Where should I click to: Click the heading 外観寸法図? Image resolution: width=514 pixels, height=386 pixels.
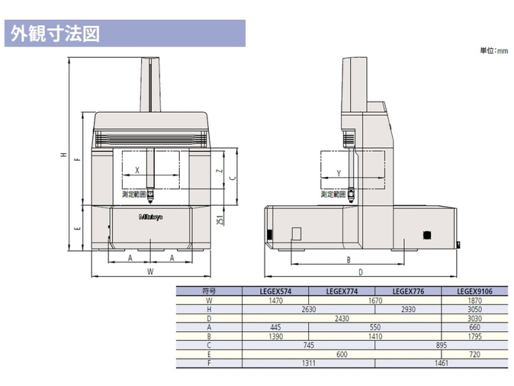click(55, 34)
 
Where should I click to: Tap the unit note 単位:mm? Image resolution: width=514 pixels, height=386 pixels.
click(493, 51)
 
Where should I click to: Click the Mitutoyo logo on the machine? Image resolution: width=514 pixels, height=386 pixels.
click(150, 217)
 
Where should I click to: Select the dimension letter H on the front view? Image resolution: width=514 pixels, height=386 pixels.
click(63, 154)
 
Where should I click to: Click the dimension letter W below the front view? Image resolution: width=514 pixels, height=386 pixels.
click(150, 271)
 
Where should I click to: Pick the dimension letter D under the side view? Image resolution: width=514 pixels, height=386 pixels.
click(360, 271)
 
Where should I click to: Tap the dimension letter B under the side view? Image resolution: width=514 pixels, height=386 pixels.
click(348, 260)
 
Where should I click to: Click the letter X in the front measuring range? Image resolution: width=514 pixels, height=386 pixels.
click(136, 171)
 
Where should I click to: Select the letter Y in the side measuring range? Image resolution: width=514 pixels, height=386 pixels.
click(339, 173)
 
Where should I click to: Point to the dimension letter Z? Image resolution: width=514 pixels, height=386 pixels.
click(220, 171)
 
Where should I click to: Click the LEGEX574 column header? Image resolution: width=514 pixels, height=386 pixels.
click(274, 291)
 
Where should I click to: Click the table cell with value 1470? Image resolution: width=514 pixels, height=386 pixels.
click(274, 300)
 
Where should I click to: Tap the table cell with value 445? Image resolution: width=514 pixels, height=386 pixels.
click(274, 327)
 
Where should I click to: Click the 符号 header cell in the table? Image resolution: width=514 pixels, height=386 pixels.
click(209, 291)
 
